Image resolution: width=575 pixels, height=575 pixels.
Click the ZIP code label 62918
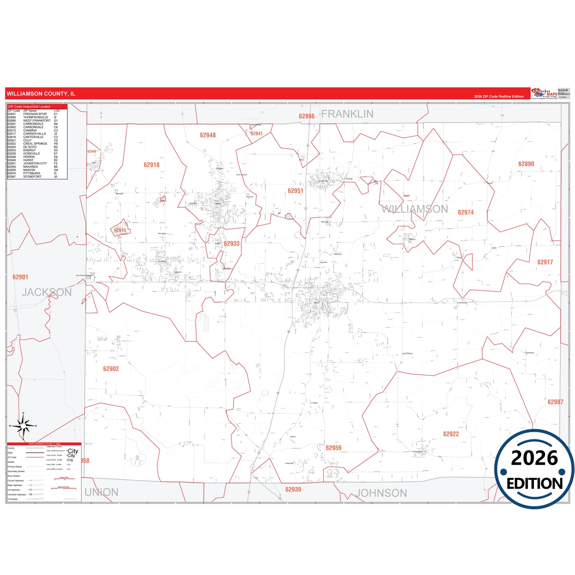[152, 165]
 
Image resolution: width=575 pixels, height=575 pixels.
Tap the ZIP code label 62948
[208, 135]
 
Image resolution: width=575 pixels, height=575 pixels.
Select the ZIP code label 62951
[295, 191]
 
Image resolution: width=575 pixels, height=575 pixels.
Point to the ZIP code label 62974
[466, 212]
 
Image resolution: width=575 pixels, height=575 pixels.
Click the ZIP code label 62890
[526, 164]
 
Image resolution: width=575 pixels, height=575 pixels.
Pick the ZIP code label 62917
[545, 262]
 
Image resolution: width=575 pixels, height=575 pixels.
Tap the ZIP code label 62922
[451, 434]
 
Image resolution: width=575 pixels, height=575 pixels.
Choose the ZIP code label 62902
[111, 369]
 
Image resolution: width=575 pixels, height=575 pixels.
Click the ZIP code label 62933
[232, 244]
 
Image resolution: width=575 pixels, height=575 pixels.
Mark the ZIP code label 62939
[293, 489]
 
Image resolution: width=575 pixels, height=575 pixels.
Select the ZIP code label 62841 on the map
[257, 134]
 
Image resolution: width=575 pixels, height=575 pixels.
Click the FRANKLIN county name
[347, 114]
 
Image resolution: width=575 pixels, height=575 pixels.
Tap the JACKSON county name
[47, 292]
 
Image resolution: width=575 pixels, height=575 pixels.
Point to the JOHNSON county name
[381, 493]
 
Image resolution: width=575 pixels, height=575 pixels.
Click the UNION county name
[101, 493]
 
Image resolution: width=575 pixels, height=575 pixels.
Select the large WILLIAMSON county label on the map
[415, 209]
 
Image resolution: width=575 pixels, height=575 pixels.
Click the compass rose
[23, 426]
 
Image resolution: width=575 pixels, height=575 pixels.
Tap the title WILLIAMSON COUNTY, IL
[41, 94]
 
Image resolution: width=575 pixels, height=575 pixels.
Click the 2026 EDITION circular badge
[534, 469]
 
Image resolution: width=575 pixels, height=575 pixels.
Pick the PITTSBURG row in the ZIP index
[32, 173]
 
